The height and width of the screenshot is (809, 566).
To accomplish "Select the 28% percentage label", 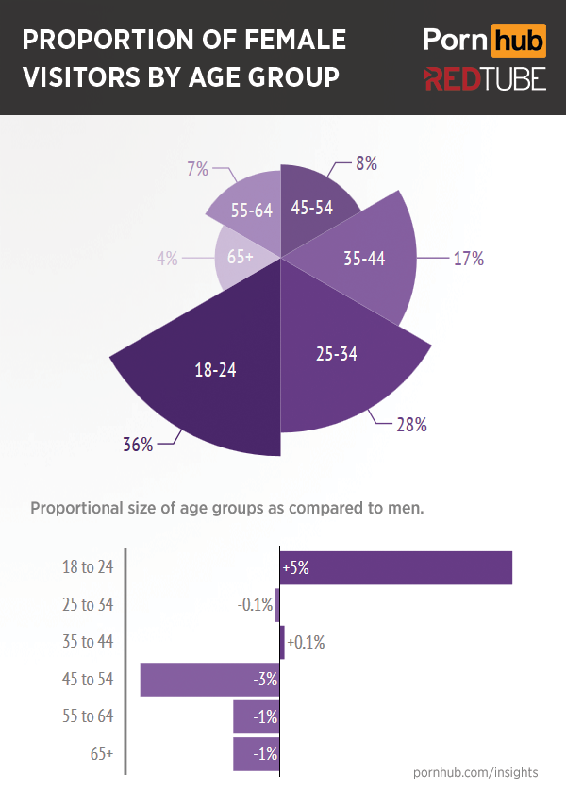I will point(411,425).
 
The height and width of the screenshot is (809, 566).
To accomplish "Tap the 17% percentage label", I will point(468,259).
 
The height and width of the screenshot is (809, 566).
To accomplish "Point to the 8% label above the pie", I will point(366,163).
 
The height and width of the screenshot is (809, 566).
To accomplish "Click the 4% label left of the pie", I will point(167,258).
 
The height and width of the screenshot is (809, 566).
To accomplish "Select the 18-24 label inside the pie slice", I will point(215,370).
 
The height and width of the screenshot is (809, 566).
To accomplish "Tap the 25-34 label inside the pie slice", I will point(336,355).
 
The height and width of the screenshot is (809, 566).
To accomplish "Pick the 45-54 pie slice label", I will point(312,209).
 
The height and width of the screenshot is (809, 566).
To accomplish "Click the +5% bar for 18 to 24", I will point(396,568).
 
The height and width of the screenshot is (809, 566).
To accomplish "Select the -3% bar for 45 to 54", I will point(209,680).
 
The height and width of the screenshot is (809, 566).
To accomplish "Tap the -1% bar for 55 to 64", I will point(256,717).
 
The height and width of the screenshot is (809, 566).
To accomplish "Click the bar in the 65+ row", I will point(256,754).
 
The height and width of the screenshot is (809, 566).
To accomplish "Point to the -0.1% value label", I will point(254,605).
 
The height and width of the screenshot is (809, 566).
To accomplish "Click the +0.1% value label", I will point(306,643).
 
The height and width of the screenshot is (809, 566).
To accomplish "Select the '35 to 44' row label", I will point(86,642).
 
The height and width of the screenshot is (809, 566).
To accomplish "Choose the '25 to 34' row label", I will point(86,604).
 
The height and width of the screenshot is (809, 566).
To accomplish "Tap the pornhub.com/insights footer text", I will point(476,772).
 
